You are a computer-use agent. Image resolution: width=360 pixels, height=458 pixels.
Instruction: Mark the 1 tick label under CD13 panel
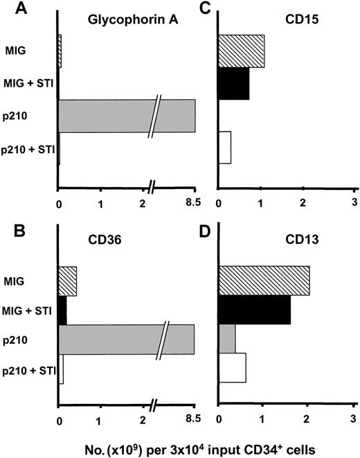point(262,419)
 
